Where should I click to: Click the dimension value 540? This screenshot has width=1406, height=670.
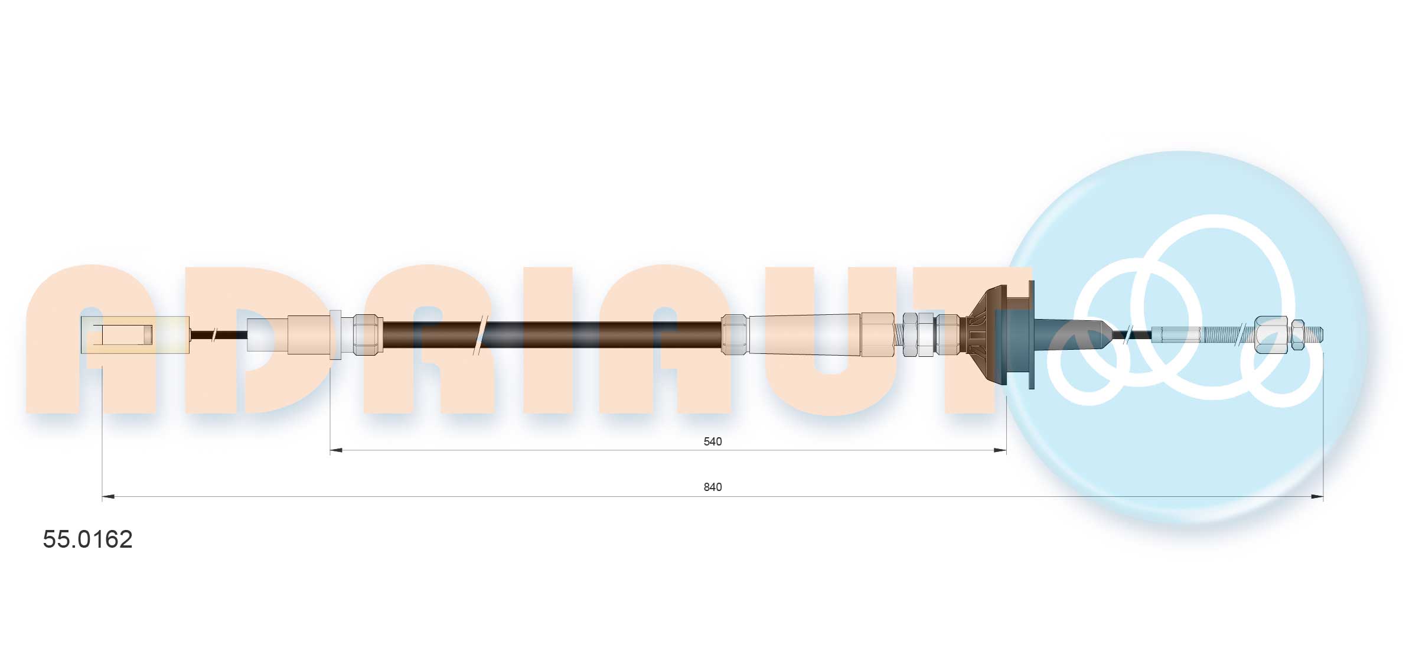(712, 441)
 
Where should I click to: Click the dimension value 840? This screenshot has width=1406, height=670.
(712, 487)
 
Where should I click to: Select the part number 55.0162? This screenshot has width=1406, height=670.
(87, 539)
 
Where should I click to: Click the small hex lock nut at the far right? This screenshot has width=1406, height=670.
(1298, 335)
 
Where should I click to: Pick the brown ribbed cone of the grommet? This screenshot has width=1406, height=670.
(981, 335)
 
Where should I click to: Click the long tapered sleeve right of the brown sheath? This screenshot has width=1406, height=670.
(804, 335)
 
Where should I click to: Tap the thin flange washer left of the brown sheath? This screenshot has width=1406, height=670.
(335, 334)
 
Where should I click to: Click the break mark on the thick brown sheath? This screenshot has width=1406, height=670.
(481, 335)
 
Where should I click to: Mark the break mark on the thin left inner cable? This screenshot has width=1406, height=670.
(214, 335)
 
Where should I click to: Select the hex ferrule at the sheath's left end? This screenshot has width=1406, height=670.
(367, 335)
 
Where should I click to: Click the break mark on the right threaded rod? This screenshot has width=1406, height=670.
(1242, 335)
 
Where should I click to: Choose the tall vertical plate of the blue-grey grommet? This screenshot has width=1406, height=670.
(1031, 335)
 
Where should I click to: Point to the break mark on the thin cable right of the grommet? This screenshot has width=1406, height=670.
(1128, 335)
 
